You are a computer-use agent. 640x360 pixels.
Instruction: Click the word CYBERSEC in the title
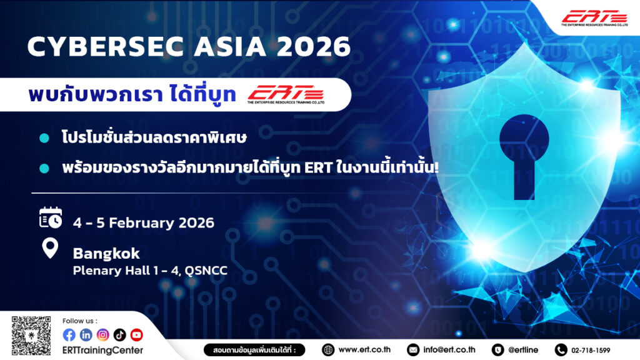click(x=105, y=46)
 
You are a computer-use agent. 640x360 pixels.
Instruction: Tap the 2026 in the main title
click(x=314, y=46)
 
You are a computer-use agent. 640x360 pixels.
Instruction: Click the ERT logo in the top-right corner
click(x=594, y=18)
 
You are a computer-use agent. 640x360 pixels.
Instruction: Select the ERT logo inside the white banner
click(x=286, y=94)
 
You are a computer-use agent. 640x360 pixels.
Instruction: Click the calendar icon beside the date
click(x=51, y=218)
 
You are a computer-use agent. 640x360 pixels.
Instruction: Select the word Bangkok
click(x=106, y=254)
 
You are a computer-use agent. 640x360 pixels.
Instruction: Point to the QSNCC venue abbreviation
click(x=206, y=271)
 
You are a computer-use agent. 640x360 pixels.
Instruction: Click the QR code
click(x=31, y=336)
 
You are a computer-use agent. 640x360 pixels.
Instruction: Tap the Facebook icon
click(x=69, y=335)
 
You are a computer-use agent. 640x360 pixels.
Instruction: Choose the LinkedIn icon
click(x=86, y=335)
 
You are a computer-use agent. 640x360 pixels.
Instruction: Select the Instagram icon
click(x=103, y=335)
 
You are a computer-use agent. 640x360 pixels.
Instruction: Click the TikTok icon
click(x=119, y=335)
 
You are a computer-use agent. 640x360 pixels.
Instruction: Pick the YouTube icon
click(x=137, y=335)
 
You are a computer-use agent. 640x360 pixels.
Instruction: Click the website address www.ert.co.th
click(x=364, y=350)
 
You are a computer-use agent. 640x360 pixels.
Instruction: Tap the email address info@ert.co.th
click(x=449, y=350)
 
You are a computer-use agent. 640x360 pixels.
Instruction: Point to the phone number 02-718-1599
click(x=591, y=350)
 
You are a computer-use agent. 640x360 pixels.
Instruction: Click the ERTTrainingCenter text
click(x=103, y=350)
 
